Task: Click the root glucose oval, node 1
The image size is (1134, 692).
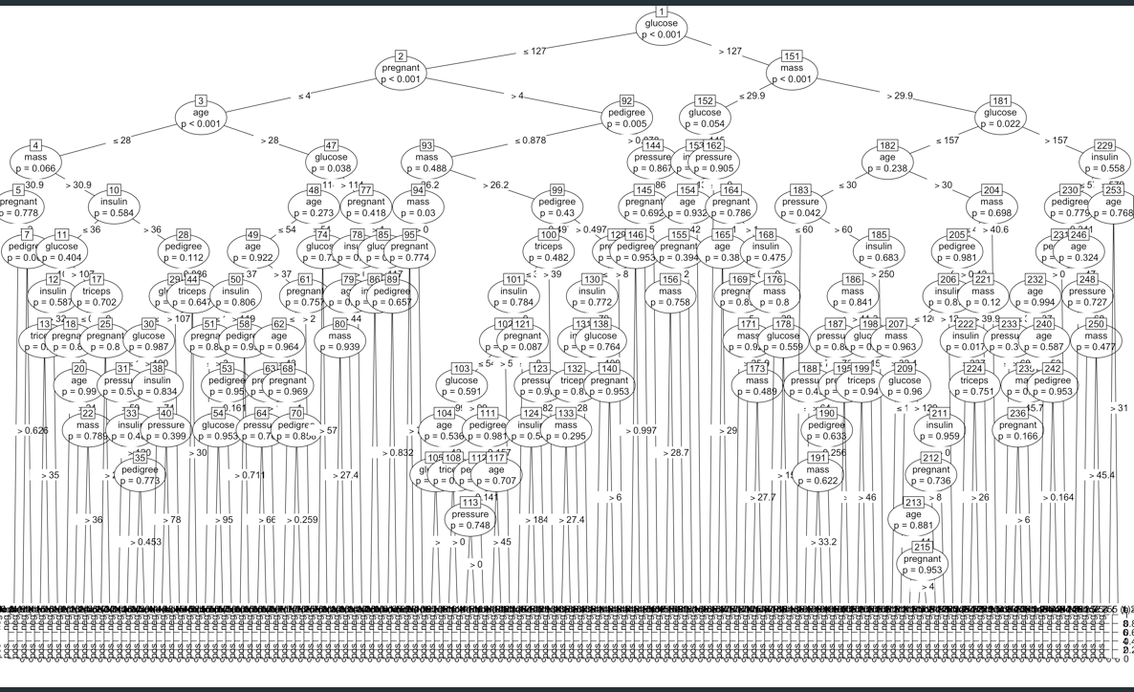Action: coord(661,29)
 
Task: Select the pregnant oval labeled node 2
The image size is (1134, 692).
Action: coord(402,75)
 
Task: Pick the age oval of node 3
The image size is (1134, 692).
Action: coord(201,118)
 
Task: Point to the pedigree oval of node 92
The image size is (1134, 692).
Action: coord(627,118)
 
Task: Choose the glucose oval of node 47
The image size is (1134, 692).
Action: coord(332,161)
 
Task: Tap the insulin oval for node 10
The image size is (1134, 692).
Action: coord(115,207)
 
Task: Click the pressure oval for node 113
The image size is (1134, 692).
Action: coord(470,520)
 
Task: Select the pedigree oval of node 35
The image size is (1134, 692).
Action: coord(141,476)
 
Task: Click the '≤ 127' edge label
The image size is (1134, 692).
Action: coord(533,51)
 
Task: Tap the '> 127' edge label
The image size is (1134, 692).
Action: coord(731,51)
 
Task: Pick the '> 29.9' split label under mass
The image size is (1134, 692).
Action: coord(900,97)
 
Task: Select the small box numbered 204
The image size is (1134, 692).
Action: coord(992,189)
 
